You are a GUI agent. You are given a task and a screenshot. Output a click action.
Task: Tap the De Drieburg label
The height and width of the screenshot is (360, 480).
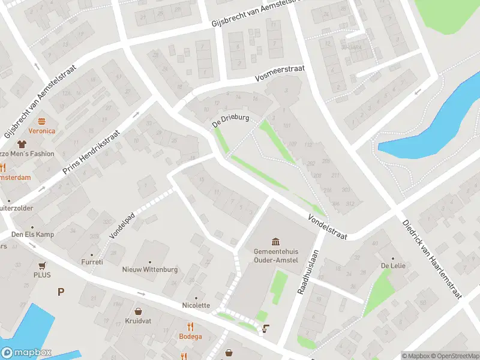pyautogui.click(x=230, y=120)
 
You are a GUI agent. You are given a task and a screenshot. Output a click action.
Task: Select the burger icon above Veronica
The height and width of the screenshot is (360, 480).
pyautogui.click(x=41, y=121)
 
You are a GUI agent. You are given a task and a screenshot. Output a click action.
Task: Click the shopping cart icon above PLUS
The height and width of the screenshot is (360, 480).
pyautogui.click(x=42, y=265)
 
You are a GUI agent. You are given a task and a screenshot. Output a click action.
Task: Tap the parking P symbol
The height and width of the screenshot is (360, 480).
pyautogui.click(x=60, y=292)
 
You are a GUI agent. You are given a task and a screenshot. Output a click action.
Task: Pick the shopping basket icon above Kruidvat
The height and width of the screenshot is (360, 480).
pyautogui.click(x=139, y=311)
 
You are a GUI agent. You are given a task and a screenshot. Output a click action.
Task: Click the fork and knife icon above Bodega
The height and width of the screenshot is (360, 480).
pyautogui.click(x=190, y=326)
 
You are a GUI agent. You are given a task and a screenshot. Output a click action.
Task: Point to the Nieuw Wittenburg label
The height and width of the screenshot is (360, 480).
pyautogui.click(x=150, y=269)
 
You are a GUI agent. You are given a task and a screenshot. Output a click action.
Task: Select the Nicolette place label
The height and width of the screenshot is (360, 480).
pyautogui.click(x=196, y=305)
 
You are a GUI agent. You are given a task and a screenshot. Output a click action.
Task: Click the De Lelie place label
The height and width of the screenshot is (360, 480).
pyautogui.click(x=391, y=266)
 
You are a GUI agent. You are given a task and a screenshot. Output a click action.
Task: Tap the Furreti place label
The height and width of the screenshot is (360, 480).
pyautogui.click(x=92, y=262)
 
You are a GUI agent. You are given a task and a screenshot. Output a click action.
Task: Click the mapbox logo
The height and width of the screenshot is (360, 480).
pyautogui.click(x=26, y=353)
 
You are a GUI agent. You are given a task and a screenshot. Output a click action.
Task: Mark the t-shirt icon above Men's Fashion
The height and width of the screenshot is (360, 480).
pyautogui.click(x=23, y=144)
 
